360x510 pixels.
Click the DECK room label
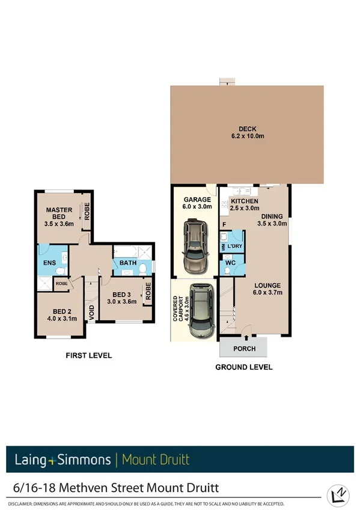click(248, 128)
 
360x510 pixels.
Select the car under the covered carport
click(201, 311)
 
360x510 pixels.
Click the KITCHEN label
click(245, 201)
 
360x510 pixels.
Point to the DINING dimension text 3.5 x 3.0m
click(272, 223)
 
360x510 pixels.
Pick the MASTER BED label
click(59, 214)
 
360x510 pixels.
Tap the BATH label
click(128, 262)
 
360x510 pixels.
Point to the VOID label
click(92, 312)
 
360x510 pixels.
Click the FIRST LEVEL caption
click(88, 355)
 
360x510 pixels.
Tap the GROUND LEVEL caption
click(245, 367)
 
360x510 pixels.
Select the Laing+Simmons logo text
click(63, 460)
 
